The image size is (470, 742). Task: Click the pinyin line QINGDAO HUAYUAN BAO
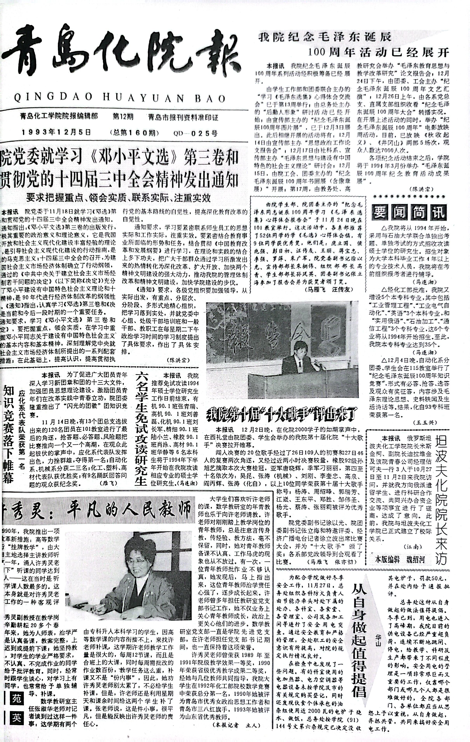(x=120, y=98)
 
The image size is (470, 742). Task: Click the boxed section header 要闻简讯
(x=409, y=212)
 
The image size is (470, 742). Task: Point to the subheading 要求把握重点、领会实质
(x=119, y=198)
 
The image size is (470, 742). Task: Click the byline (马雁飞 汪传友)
(x=328, y=290)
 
